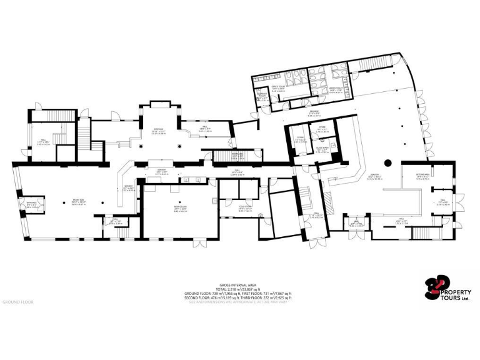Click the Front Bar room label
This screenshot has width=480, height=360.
click(77, 202)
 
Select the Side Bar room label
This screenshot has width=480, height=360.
click(158, 131)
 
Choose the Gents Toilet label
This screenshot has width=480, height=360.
click(279, 89)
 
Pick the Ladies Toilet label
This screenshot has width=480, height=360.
click(336, 91)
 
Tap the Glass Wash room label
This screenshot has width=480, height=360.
click(322, 151)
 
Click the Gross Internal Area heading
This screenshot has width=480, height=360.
click(237, 284)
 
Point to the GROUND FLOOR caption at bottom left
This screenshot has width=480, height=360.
click(18, 302)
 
